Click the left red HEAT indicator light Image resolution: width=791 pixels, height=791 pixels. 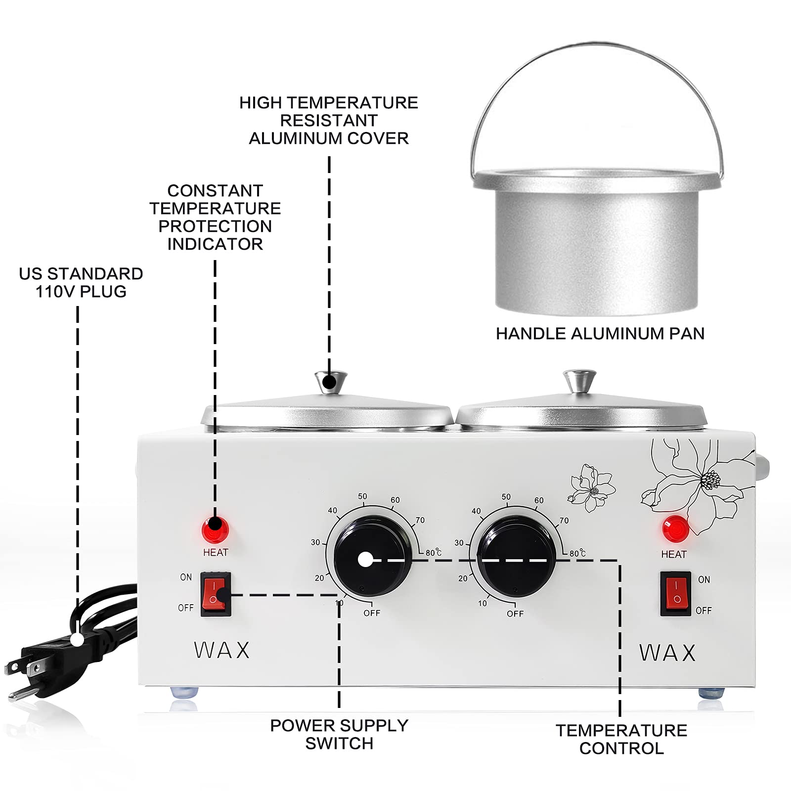(215, 530)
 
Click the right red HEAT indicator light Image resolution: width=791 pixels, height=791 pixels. (675, 529)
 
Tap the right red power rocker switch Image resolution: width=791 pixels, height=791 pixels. (676, 593)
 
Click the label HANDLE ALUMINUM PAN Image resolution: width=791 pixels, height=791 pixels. (600, 334)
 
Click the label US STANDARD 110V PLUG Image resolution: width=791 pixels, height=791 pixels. (81, 282)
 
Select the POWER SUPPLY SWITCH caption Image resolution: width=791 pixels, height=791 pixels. (339, 734)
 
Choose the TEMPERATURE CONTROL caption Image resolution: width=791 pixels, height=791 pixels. (621, 739)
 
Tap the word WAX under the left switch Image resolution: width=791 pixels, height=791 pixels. (222, 650)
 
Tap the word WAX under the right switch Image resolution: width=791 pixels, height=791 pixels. (667, 653)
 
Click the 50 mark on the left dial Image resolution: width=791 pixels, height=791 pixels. (362, 496)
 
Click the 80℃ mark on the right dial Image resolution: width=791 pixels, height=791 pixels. (577, 553)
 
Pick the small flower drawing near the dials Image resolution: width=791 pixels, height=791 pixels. (592, 487)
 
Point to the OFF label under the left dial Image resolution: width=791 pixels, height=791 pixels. (372, 613)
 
